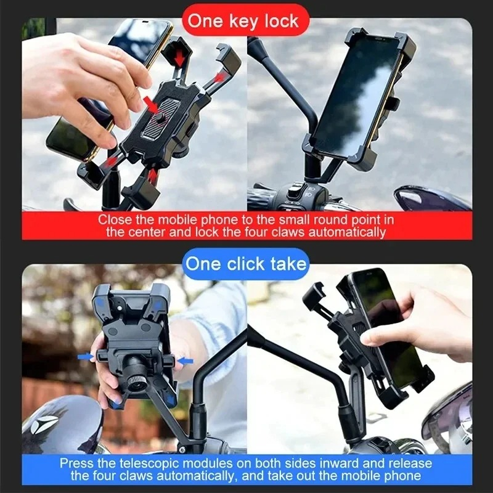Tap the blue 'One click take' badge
point(246,264)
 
